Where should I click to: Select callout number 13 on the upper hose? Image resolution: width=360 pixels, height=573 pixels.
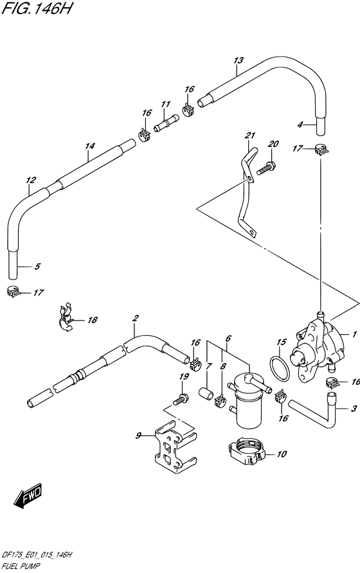(239, 61)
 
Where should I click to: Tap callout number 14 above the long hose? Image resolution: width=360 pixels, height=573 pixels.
(89, 146)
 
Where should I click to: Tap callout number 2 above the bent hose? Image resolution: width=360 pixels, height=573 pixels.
(135, 318)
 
